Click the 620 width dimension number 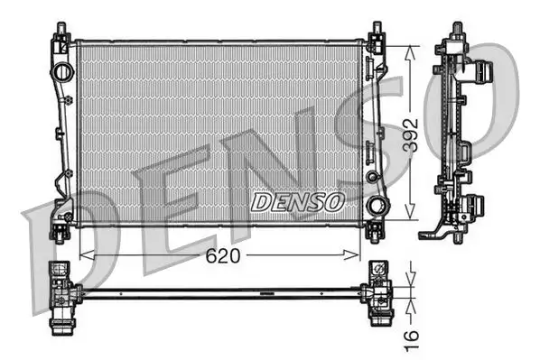click(222, 256)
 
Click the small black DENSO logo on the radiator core click(296, 200)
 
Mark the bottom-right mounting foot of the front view click(375, 232)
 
